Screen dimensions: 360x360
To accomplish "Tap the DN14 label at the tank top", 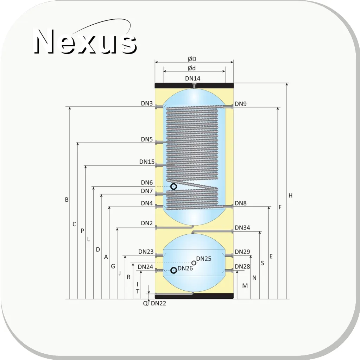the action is click(x=192, y=78).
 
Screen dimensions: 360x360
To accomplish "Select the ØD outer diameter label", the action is click(x=192, y=59).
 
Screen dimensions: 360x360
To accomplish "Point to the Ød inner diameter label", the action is click(x=192, y=68).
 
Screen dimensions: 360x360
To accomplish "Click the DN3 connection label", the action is click(x=147, y=103).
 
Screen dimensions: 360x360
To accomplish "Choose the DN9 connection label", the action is click(x=241, y=104).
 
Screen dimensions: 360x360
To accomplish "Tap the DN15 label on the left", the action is click(x=147, y=162).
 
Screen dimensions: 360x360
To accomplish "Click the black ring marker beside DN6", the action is click(x=173, y=187).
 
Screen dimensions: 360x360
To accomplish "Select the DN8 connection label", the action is click(x=241, y=203).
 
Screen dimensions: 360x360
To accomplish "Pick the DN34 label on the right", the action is click(x=242, y=228).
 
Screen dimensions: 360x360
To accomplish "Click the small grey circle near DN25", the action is click(x=194, y=263).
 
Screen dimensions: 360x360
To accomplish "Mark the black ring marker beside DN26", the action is click(x=173, y=270).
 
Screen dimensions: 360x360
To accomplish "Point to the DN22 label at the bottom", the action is click(x=158, y=303).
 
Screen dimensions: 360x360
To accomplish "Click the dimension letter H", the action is click(x=290, y=196).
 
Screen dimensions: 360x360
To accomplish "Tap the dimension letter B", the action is click(x=67, y=200).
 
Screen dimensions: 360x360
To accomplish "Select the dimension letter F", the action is click(x=280, y=207).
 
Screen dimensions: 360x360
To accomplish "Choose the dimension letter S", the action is click(x=263, y=263).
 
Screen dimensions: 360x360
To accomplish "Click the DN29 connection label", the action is click(x=242, y=252).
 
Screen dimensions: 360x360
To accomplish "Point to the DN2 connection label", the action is click(x=147, y=223).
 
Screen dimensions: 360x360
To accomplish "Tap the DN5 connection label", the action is click(x=147, y=139).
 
